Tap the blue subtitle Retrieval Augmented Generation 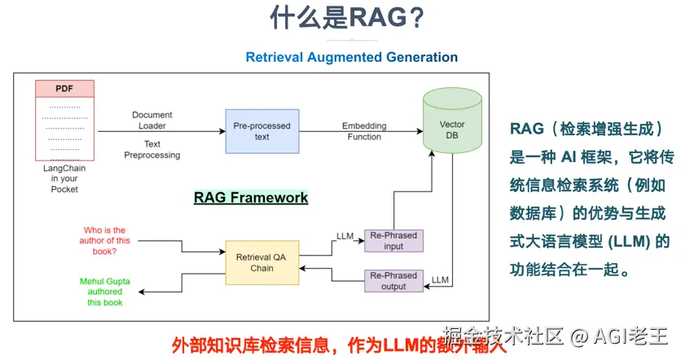point(351,57)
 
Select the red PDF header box point(64,88)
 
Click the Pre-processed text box point(261,132)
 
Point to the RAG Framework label point(251,197)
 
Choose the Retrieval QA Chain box point(261,262)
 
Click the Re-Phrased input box point(393,241)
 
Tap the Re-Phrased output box point(393,280)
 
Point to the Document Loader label point(152,121)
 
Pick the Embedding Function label point(364,131)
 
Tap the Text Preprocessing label point(152,149)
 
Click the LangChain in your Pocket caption point(64,178)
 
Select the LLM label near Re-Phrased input point(345,236)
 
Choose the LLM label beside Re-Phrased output point(440,279)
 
